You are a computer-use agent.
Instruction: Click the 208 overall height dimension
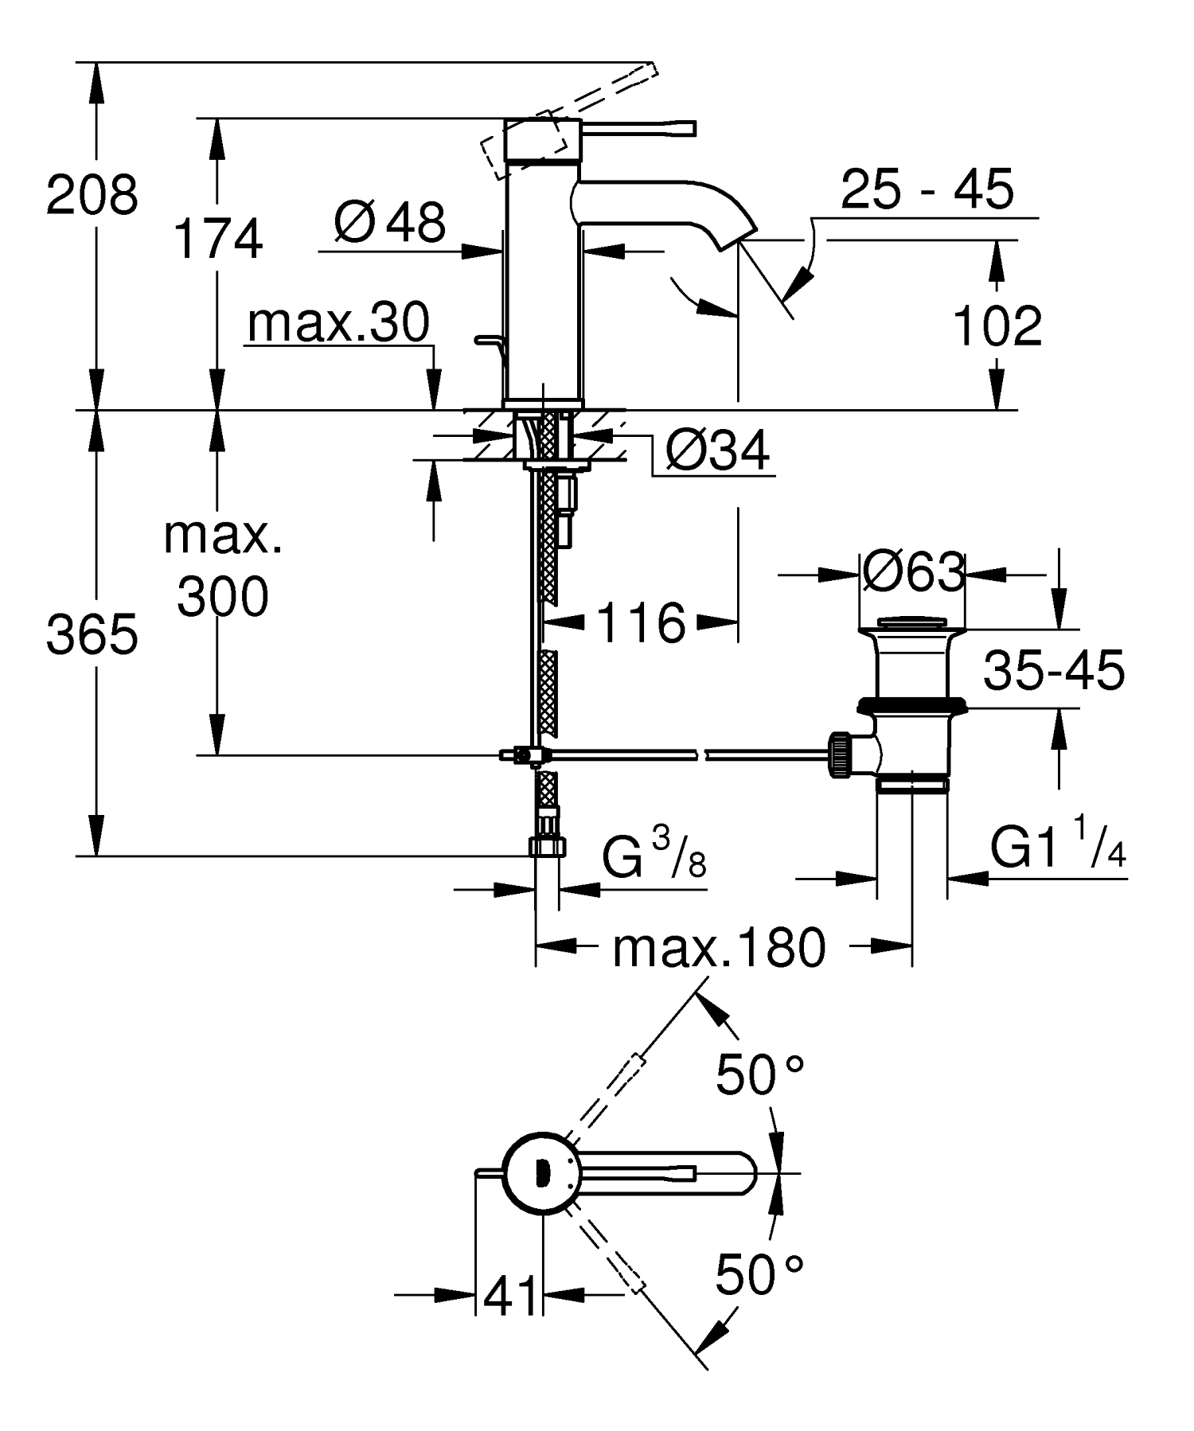pos(92,195)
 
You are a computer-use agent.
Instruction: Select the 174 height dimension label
pos(218,240)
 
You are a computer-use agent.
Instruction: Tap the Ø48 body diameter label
pos(389,222)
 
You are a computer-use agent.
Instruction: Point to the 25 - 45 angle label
pos(927,189)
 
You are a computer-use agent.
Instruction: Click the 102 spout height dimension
pos(997,326)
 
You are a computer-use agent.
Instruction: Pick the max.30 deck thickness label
pos(339,322)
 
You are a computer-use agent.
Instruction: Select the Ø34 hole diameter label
pos(717,451)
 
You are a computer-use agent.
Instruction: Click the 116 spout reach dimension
pos(640,622)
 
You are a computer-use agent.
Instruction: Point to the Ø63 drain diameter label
pos(913,571)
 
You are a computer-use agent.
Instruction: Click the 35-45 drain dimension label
pos(1053,670)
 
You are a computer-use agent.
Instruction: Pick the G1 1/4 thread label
pos(1058,848)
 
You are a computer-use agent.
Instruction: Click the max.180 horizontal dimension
pos(719,948)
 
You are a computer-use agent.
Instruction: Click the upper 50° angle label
pos(759,1075)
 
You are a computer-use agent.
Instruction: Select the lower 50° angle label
pos(759,1275)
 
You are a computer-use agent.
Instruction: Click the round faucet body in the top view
pos(541,1172)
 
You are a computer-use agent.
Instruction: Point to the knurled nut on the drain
pos(840,754)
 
